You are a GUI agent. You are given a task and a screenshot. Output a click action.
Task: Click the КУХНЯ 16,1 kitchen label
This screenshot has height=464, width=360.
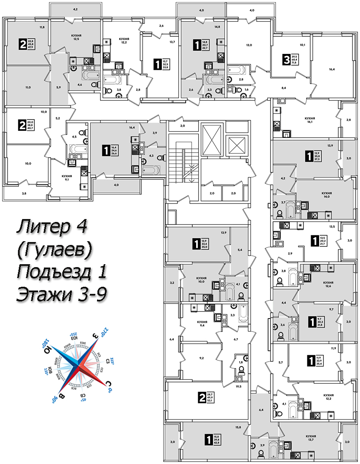(309, 121)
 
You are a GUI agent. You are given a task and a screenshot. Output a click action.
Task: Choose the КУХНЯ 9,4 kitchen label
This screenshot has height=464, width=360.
(202, 324)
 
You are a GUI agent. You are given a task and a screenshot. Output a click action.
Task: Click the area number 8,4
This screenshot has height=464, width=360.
(283, 88)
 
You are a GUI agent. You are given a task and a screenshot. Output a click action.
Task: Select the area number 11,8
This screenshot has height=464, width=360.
(42, 28)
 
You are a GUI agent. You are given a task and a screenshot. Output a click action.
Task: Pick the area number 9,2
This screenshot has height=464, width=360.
(201, 358)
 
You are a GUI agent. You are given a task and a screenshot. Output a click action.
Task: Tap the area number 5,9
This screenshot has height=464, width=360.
(59, 87)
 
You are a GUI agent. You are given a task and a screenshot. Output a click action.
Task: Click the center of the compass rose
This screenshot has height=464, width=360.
(79, 362)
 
